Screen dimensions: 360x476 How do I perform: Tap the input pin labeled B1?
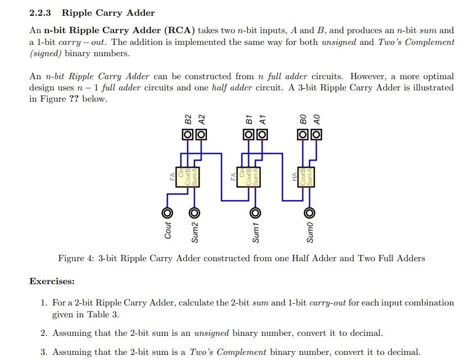pyautogui.click(x=248, y=135)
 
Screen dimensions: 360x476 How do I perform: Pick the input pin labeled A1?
pyautogui.click(x=261, y=135)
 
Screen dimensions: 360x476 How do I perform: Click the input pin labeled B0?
pyautogui.click(x=303, y=135)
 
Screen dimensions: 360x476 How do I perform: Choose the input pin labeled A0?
pyautogui.click(x=316, y=135)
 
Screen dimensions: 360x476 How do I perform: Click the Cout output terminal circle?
pyautogui.click(x=167, y=213)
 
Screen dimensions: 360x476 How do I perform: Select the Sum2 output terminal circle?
pyautogui.click(x=194, y=213)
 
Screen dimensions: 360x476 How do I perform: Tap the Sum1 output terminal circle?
pyautogui.click(x=255, y=213)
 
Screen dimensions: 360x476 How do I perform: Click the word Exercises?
pyautogui.click(x=52, y=281)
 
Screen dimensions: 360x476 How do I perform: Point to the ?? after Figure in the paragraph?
pyautogui.click(x=72, y=99)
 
